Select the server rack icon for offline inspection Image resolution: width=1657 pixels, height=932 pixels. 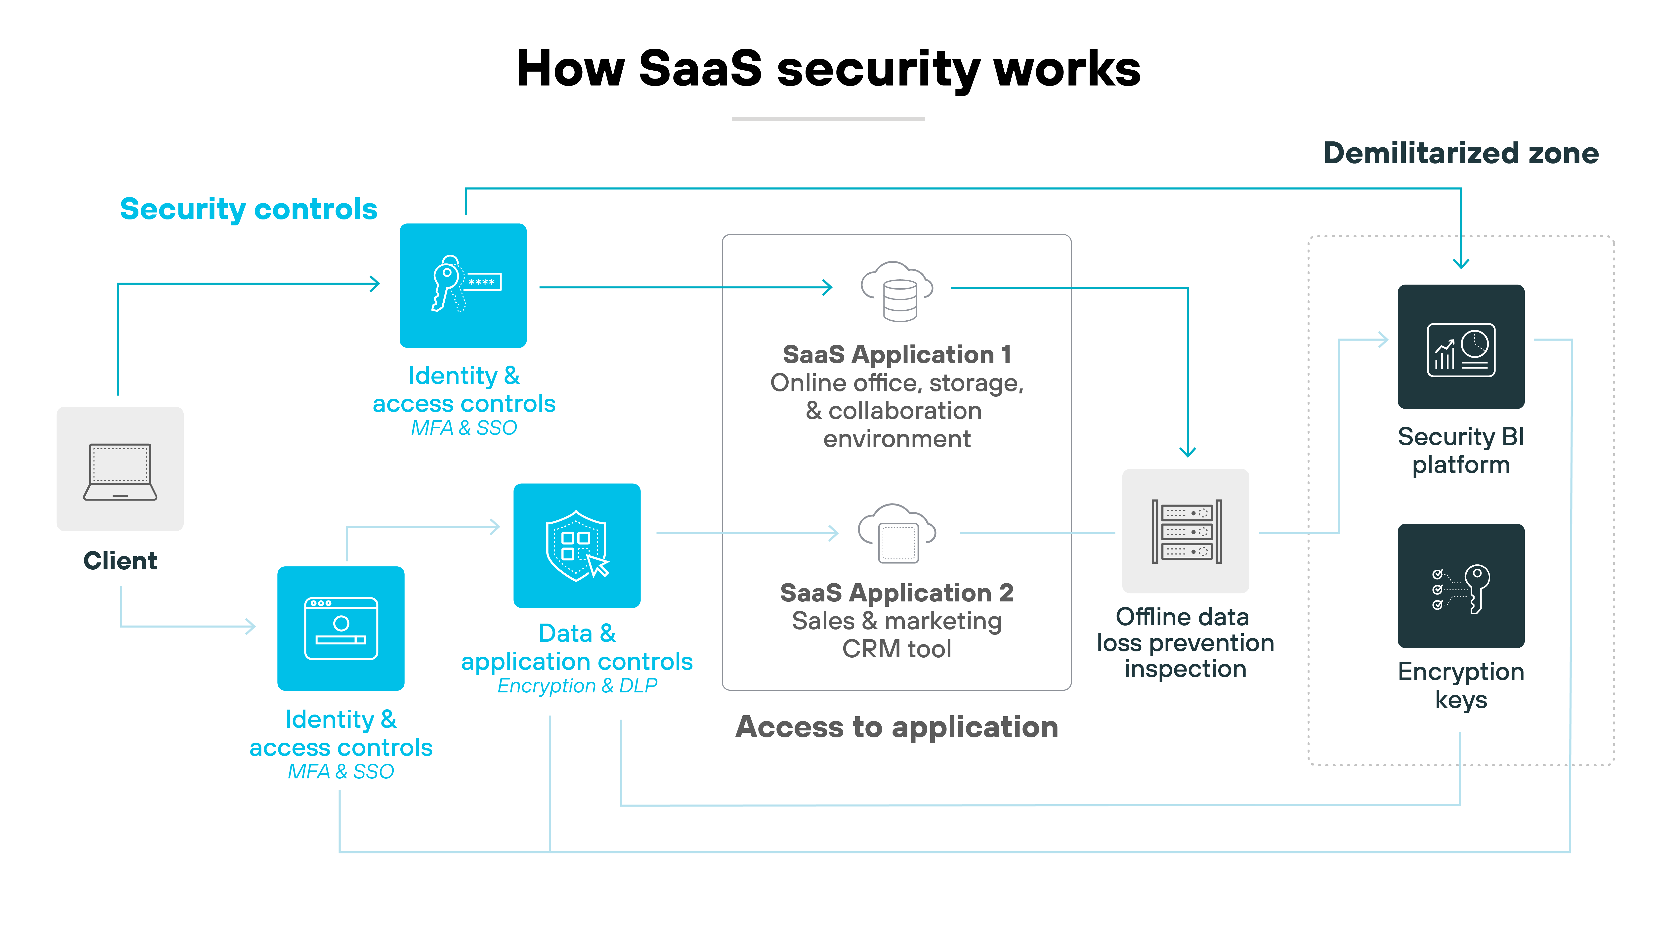[x=1186, y=531]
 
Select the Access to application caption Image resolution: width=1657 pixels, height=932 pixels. [x=897, y=727]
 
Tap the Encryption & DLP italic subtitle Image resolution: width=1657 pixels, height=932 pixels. [x=577, y=686]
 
